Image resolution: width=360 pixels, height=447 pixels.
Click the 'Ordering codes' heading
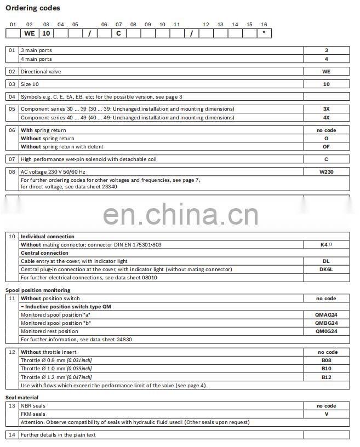coord(33,8)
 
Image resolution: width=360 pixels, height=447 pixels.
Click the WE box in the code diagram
coord(30,33)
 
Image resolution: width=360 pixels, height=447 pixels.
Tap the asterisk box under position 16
coord(264,33)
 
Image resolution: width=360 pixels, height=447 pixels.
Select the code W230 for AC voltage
coord(326,171)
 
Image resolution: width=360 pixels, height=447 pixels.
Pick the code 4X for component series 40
coord(326,117)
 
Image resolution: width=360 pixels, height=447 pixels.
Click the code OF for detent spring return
coord(326,147)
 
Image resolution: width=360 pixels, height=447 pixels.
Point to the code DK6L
coord(326,270)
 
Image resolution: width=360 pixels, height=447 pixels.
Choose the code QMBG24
coord(326,323)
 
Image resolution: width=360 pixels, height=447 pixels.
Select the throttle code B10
coord(326,369)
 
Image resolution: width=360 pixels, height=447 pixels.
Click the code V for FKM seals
coord(326,414)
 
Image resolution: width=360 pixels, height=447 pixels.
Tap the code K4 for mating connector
coord(325,245)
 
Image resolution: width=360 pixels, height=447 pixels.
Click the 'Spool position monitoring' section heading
coord(38,290)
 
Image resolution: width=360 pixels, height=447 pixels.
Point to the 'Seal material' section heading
coord(22,397)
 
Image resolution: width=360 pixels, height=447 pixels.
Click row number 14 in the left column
coord(12,435)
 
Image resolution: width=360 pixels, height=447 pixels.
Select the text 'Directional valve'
coord(41,72)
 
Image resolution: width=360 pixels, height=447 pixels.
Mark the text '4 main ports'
coord(36,59)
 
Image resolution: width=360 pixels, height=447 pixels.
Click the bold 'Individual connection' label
coord(47,237)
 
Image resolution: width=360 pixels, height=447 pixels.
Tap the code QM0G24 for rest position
coord(326,331)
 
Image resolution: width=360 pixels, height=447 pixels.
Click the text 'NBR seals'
coord(33,406)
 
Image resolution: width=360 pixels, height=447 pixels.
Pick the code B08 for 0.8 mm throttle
coord(326,360)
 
